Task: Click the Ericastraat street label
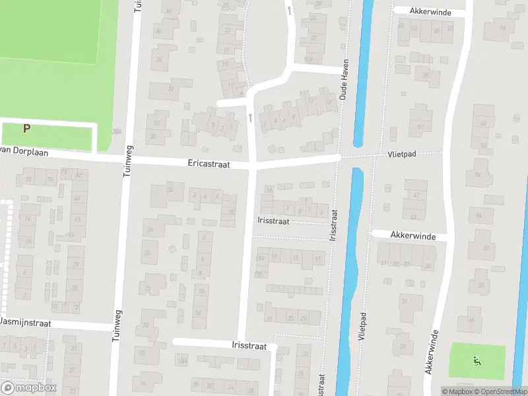[x=208, y=164]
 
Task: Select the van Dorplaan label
[x=15, y=151]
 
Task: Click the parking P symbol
[x=27, y=129]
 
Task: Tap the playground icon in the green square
[x=477, y=360]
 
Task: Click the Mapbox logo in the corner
[x=29, y=387]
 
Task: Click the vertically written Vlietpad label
[x=362, y=325]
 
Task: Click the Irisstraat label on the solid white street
[x=249, y=345]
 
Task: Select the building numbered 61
[x=420, y=127]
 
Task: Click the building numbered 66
[x=504, y=27]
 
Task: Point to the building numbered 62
[x=484, y=123]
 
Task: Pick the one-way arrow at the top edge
[x=288, y=9]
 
